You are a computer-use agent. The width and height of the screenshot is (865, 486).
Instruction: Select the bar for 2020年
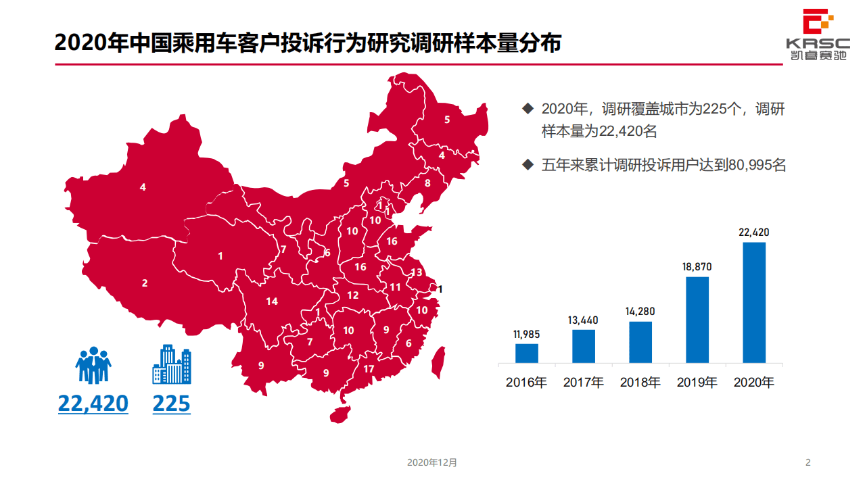754,302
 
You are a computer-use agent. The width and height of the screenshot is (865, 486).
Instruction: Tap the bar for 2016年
527,353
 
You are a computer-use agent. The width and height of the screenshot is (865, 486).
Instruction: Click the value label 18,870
697,267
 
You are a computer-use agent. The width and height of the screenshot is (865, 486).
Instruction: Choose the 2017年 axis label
584,382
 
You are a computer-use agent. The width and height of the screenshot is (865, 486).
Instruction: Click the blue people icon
93,366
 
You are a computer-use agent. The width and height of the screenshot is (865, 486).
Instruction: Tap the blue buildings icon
171,365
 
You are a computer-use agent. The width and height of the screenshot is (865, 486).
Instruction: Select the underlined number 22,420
93,404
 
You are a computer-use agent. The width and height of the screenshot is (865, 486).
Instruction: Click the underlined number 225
171,404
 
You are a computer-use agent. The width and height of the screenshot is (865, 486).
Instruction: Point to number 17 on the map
369,369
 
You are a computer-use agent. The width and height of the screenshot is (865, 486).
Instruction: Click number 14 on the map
272,301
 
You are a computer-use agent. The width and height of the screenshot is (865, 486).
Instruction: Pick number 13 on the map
417,272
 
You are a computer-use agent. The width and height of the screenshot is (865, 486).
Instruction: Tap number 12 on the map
353,295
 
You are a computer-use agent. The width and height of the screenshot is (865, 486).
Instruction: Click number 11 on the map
396,287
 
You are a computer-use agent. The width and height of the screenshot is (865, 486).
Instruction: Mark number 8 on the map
427,183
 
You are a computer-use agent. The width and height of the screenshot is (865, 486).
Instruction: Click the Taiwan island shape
438,362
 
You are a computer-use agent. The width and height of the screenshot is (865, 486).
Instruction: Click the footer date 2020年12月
432,463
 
